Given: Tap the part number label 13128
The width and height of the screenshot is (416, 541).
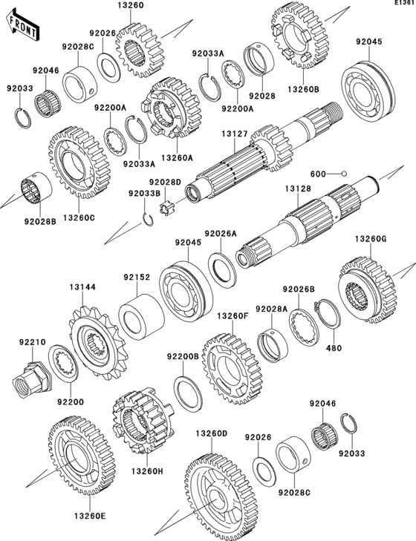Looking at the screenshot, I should [299, 189].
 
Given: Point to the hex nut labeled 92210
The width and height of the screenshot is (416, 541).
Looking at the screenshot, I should [30, 376].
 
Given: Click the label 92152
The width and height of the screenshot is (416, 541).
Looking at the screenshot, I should [137, 278].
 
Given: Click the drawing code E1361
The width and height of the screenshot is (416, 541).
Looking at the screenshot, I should [403, 5].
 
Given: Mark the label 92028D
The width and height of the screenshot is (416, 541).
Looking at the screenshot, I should [163, 182].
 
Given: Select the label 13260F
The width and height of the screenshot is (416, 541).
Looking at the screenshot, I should [232, 315].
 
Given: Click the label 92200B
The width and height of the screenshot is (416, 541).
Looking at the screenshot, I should [182, 356].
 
